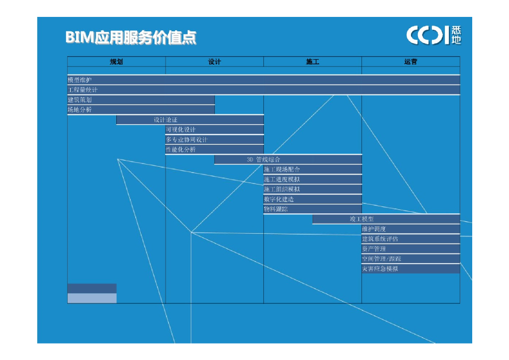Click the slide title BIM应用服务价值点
(x=131, y=38)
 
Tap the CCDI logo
(x=433, y=35)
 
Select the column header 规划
(x=116, y=62)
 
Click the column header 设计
(x=214, y=62)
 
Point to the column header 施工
(x=312, y=62)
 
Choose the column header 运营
(x=411, y=62)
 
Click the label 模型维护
(x=80, y=80)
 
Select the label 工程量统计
(x=83, y=90)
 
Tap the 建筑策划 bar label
(x=80, y=100)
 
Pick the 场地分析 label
(x=80, y=110)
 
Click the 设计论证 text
(x=165, y=120)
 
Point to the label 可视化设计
(x=181, y=130)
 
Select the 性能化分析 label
(x=181, y=150)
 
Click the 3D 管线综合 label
(x=263, y=160)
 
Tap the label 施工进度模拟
(x=282, y=180)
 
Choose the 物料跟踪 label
(x=276, y=209)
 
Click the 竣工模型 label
(x=361, y=219)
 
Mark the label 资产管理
(x=374, y=249)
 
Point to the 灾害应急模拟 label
(x=380, y=269)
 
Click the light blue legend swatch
(x=92, y=298)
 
